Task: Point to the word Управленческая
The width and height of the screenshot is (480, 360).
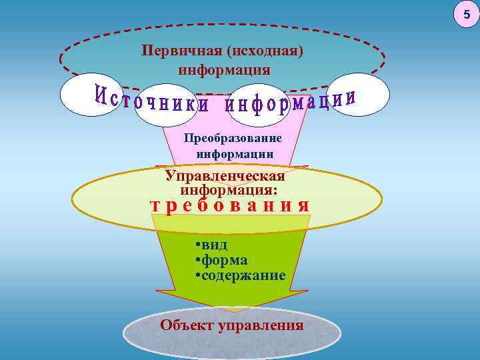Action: coord(225,176)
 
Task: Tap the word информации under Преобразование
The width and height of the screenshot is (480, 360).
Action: coord(235,153)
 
